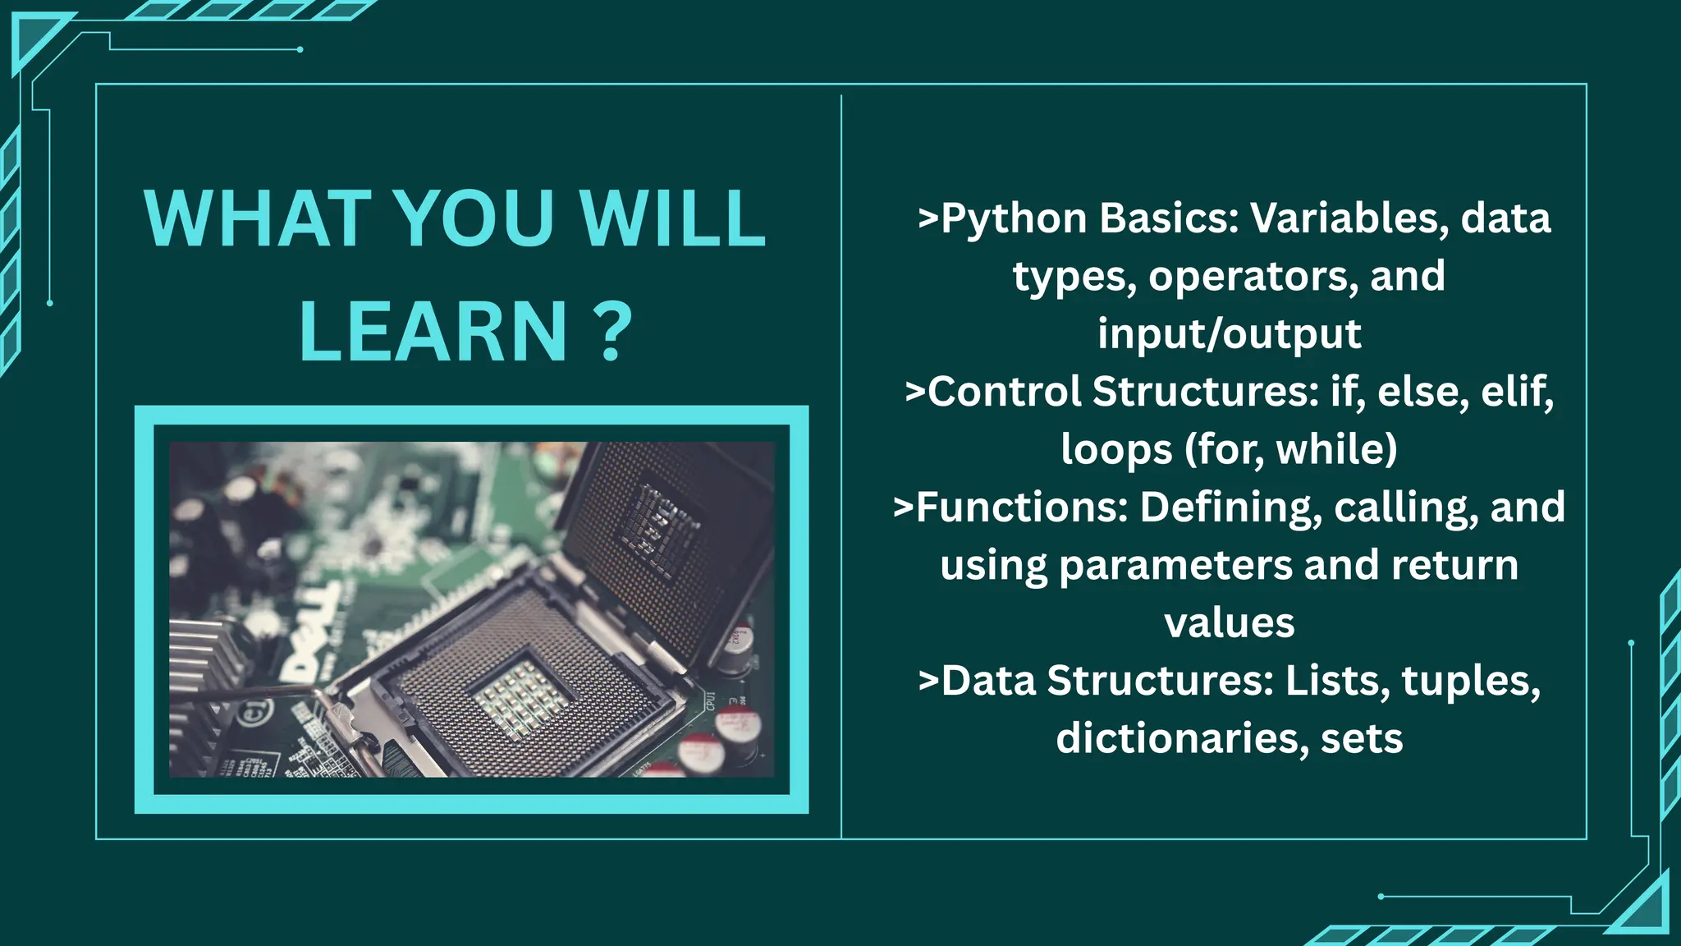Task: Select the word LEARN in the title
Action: click(433, 332)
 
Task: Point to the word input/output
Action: click(1229, 334)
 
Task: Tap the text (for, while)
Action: click(1291, 449)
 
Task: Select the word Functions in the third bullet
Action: click(1022, 507)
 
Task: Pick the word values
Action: click(1229, 623)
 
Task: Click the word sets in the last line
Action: click(1362, 739)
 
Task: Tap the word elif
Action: click(1517, 392)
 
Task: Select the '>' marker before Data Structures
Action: click(928, 682)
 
